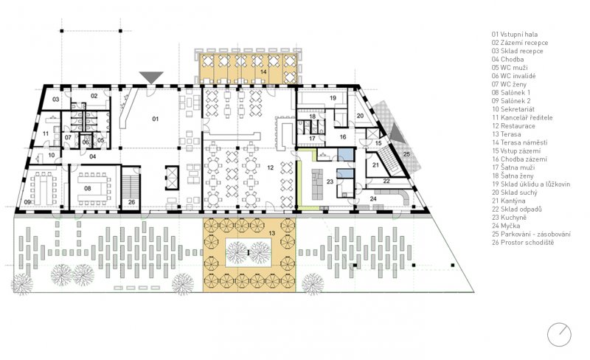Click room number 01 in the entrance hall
click(156, 119)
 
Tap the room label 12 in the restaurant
click(270, 167)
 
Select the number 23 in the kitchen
click(330, 181)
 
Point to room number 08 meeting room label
click(87, 188)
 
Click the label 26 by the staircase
click(131, 202)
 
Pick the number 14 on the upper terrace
click(263, 72)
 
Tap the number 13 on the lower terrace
click(272, 233)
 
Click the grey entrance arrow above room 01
click(151, 77)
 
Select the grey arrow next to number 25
click(398, 134)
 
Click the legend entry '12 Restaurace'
click(513, 125)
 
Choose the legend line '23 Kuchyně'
click(509, 218)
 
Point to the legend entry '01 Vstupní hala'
click(515, 34)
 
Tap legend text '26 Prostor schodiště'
click(523, 242)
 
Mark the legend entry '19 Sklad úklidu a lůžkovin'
click(531, 184)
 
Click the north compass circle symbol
click(559, 335)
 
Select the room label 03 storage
click(56, 100)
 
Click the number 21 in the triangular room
click(375, 165)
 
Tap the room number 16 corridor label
click(343, 136)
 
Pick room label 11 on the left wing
click(46, 134)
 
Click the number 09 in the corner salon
click(27, 202)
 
